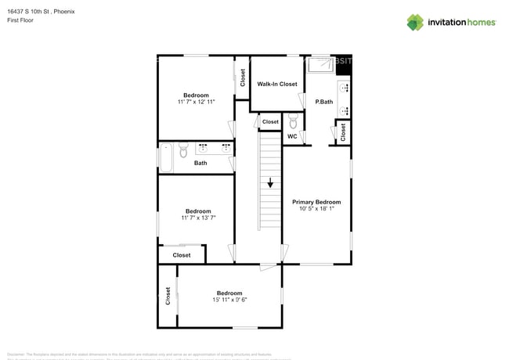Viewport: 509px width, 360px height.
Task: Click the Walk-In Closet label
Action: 277,84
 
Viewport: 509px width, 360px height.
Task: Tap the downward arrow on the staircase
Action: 270,184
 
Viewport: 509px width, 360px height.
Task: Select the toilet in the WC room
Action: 292,122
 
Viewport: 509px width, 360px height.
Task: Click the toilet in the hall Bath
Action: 183,148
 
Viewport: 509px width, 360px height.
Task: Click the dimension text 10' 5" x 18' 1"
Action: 316,208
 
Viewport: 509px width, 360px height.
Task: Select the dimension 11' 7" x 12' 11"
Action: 196,102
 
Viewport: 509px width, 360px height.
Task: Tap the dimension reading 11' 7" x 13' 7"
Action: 197,218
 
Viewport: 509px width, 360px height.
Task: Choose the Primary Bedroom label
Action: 316,201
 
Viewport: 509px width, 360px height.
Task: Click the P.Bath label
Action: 325,103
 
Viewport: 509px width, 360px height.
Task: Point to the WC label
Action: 291,136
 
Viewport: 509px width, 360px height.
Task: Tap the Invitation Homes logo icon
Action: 416,22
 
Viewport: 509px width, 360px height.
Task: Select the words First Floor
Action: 21,21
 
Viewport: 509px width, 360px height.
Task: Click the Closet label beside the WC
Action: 270,121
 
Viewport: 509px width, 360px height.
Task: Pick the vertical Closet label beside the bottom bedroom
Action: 168,295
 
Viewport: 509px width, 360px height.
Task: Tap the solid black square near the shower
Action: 343,66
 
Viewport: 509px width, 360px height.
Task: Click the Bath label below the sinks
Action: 200,163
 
